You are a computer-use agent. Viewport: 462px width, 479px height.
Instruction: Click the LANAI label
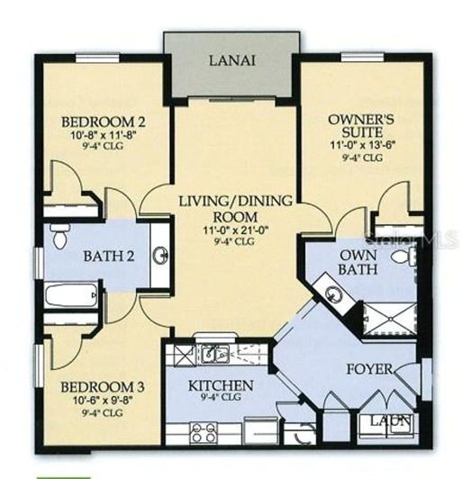tap(231, 61)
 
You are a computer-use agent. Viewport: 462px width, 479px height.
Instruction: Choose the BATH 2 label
tap(109, 257)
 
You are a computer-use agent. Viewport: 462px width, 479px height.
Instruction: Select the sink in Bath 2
tap(161, 256)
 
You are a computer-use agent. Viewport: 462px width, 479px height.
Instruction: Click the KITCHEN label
tap(221, 385)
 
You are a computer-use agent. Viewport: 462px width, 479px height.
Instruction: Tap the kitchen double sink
tap(213, 354)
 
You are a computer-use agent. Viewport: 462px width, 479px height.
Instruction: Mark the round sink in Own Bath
tap(334, 294)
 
